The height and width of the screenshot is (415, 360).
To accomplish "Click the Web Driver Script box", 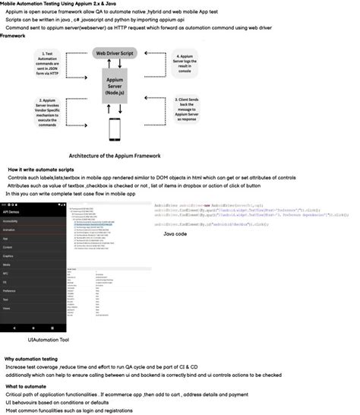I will [x=115, y=54].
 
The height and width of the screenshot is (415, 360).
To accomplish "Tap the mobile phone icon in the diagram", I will [x=115, y=130].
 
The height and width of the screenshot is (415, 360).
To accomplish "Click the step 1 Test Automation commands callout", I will [x=47, y=65].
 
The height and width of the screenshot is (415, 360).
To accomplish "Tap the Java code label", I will [x=175, y=235].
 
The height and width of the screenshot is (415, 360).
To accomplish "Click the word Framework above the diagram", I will [x=14, y=36].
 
